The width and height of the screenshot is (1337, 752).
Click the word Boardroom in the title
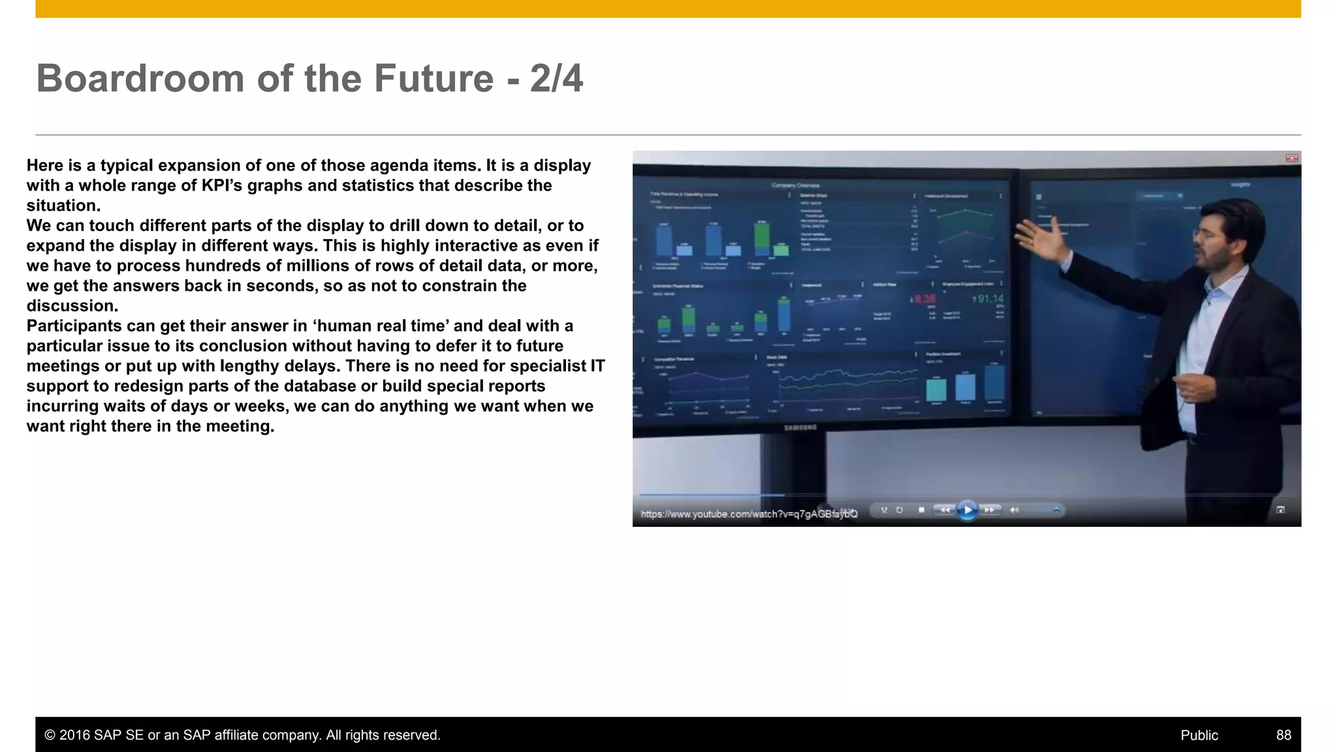140,78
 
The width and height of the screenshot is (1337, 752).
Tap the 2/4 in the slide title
556,78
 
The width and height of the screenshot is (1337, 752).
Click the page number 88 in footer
1283,735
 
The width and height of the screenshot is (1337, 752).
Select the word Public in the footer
1199,735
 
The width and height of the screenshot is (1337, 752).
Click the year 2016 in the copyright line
74,735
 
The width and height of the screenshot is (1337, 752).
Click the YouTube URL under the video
749,514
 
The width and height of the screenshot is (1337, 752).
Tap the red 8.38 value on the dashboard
924,299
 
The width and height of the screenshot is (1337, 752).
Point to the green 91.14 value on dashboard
989,299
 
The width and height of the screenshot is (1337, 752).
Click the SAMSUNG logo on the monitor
800,428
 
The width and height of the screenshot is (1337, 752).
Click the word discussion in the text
71,306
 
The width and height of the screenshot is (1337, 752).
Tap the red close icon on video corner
1291,158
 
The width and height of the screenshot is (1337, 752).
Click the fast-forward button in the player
990,510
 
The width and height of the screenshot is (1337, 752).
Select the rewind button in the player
945,510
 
